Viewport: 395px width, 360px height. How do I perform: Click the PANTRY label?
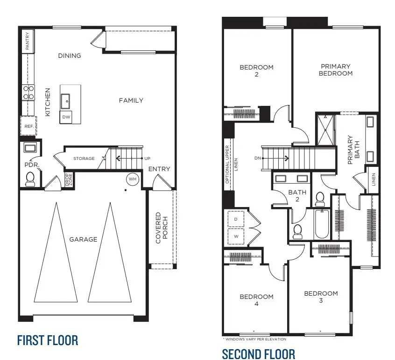pyautogui.click(x=28, y=41)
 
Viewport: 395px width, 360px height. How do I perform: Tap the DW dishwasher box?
pyautogui.click(x=66, y=118)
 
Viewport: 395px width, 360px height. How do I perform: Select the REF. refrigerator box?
pyautogui.click(x=28, y=126)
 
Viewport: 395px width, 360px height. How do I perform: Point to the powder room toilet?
pyautogui.click(x=30, y=179)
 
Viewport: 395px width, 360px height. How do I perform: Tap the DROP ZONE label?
pyautogui.click(x=68, y=180)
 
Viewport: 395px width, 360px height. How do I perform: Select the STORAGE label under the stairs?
pyautogui.click(x=84, y=159)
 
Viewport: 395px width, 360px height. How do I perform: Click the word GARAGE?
pyautogui.click(x=83, y=239)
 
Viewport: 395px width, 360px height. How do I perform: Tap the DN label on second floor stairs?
pyautogui.click(x=257, y=158)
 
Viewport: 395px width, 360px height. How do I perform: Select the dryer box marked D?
pyautogui.click(x=235, y=219)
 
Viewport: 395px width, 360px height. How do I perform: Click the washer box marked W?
pyautogui.click(x=235, y=236)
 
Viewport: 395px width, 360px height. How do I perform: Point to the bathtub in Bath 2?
pyautogui.click(x=321, y=225)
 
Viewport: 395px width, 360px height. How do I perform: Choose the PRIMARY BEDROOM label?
pyautogui.click(x=336, y=70)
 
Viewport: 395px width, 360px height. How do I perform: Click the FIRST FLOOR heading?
pyautogui.click(x=47, y=340)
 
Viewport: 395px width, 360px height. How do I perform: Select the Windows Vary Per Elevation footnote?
pyautogui.click(x=254, y=339)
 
